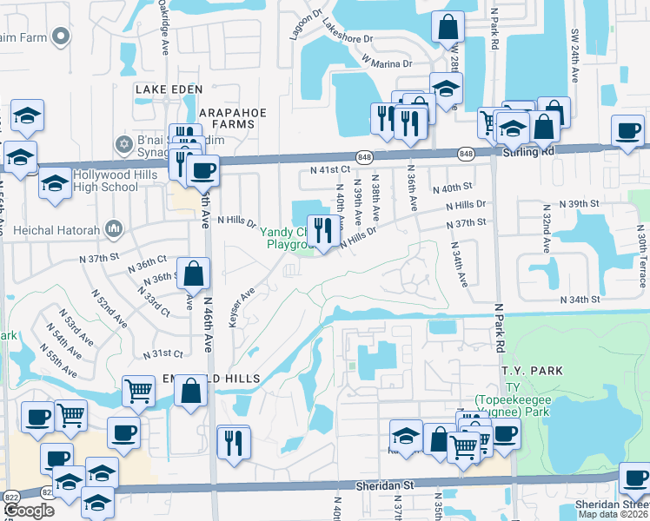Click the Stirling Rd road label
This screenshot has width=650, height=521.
point(527,151)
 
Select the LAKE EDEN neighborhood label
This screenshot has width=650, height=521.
point(168,89)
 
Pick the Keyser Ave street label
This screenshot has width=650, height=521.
point(234,308)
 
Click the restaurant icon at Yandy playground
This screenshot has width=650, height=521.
point(322,232)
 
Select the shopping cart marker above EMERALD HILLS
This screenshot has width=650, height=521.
point(138,391)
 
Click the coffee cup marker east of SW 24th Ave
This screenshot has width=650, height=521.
point(627,130)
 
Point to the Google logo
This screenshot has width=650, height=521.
point(29,511)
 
